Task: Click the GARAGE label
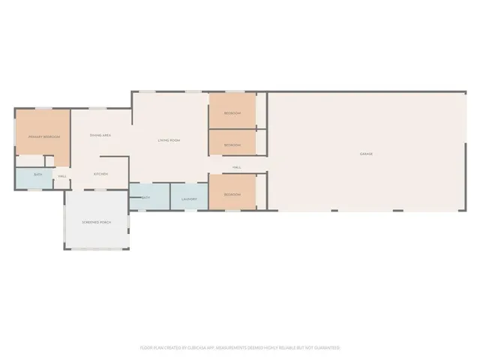coord(366,154)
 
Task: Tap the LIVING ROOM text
coord(169,140)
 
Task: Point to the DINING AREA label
coord(100,135)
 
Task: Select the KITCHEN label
coord(100,174)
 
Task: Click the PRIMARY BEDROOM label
coord(43,137)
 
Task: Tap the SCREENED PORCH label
coord(96,222)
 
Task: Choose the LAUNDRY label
coord(189,199)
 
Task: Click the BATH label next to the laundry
coord(145,197)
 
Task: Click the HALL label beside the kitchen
coord(62,176)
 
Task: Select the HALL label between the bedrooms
coord(236,166)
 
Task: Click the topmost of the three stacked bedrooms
coord(232,113)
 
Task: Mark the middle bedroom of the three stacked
coord(232,145)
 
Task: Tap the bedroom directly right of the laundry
coord(232,194)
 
